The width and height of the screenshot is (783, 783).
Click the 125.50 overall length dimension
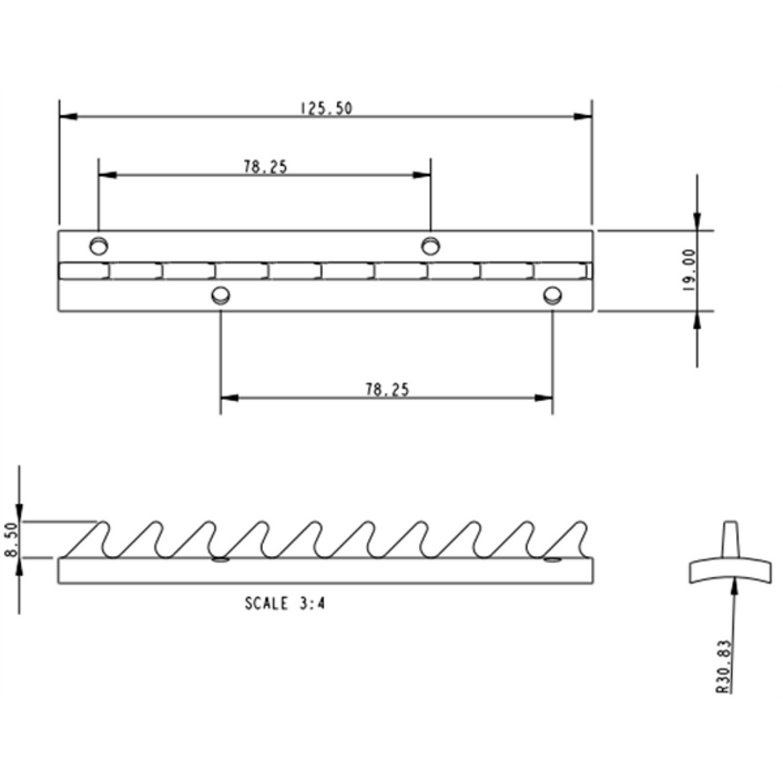click(326, 108)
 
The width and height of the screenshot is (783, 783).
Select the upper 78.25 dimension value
click(265, 166)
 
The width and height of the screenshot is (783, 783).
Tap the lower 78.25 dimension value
click(387, 389)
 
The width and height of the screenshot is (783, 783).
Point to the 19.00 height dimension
click(688, 270)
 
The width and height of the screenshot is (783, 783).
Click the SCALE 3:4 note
click(284, 604)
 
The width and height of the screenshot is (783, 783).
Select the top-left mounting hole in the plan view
click(99, 246)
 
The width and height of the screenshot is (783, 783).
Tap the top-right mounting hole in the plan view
click(430, 245)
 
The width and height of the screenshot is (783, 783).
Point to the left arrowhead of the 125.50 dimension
click(67, 117)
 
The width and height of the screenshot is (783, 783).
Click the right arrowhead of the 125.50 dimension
click(584, 117)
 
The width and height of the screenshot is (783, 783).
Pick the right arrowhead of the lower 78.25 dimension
click(545, 397)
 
